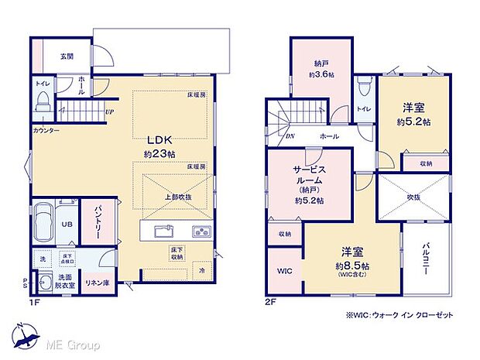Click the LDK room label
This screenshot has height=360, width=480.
coord(161,140)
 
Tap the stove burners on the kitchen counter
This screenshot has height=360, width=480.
coord(200,231)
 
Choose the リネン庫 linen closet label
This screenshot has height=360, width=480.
coord(97,283)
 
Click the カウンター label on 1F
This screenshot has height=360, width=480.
coord(46,131)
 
